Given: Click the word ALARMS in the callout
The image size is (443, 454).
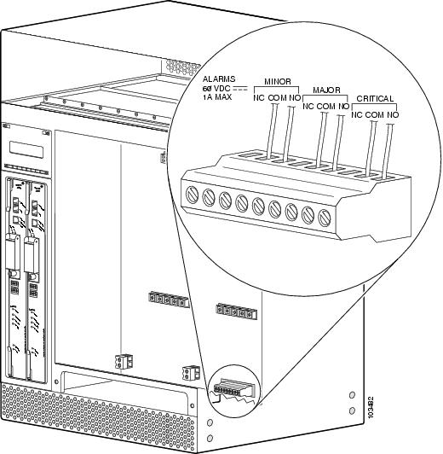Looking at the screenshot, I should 220,79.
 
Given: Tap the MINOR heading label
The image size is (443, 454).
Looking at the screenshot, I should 277,83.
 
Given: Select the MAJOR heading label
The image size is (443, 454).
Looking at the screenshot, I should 326,90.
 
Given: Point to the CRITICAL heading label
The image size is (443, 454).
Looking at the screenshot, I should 375,100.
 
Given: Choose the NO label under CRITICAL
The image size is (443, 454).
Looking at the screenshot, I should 393,115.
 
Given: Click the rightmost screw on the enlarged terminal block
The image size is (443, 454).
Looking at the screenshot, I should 324,218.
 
